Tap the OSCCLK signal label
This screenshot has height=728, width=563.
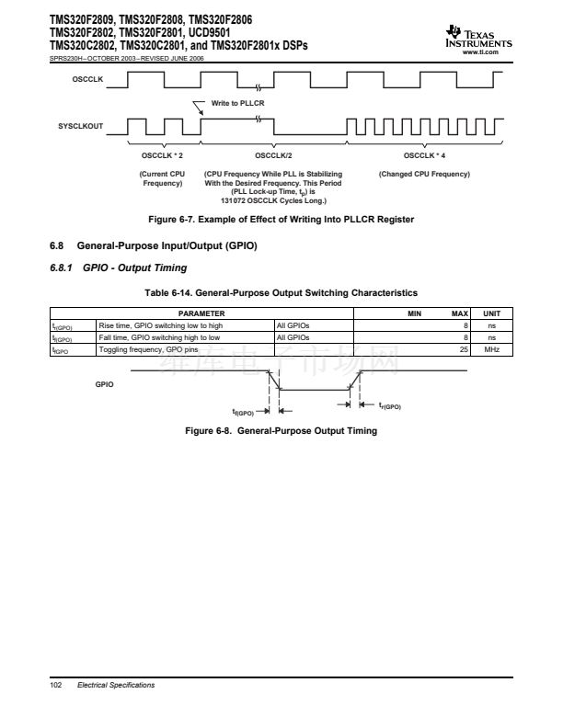coord(87,81)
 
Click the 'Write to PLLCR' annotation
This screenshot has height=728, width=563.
coord(237,103)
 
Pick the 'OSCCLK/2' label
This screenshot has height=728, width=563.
coord(273,155)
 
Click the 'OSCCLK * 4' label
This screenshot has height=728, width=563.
coord(424,155)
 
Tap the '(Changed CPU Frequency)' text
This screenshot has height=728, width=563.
coord(424,174)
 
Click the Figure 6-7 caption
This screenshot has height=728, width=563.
coord(281,219)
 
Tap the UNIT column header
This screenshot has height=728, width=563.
coord(491,314)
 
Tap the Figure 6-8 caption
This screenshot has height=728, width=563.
coord(281,431)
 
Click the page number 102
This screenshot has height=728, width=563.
coord(54,686)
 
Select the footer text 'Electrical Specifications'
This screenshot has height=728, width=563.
coord(116,686)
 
